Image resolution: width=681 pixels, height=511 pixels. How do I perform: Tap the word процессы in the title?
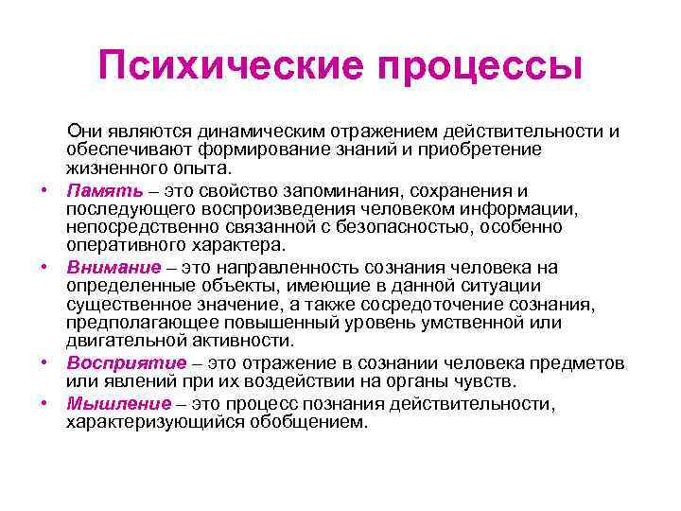477,67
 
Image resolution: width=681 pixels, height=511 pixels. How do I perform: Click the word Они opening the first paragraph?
83,131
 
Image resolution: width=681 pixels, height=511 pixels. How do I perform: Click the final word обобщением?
304,422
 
